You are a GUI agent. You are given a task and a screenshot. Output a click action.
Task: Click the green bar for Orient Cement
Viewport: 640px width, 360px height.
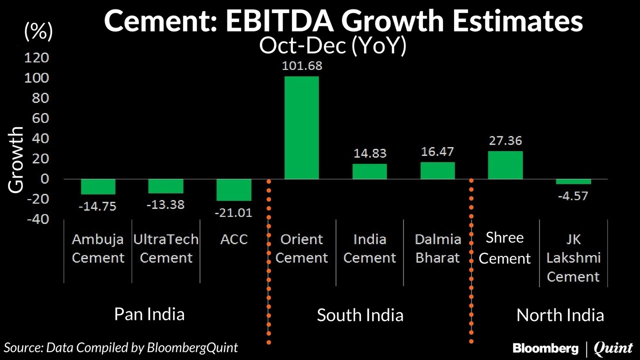[x=301, y=127]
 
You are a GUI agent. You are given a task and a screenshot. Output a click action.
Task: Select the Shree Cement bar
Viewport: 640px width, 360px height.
[x=505, y=165]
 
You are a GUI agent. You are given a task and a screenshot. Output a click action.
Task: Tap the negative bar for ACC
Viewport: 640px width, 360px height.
[x=233, y=190]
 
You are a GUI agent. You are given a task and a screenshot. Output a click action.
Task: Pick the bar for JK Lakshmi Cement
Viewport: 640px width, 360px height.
[x=573, y=181]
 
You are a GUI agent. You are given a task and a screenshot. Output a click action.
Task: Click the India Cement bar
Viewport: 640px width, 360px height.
[x=369, y=171]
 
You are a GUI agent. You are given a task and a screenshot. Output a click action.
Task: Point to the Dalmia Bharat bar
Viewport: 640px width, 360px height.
[x=437, y=170]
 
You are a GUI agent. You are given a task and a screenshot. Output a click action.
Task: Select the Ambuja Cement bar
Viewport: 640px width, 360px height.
[x=98, y=186]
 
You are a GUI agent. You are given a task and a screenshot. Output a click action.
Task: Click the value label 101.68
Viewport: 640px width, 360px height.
[x=302, y=65]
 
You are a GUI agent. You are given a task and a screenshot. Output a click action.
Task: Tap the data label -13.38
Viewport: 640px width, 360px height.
[x=166, y=204]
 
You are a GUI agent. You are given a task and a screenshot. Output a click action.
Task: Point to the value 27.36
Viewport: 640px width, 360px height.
[x=505, y=140]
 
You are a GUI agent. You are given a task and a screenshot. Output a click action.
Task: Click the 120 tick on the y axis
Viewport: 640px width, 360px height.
[x=37, y=58]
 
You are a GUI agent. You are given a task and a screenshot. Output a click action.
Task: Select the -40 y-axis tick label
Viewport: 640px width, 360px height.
[x=37, y=219]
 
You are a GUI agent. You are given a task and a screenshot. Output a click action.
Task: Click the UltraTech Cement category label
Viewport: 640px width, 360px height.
[x=166, y=248]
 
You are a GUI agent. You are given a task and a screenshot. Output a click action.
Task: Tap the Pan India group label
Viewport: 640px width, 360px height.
[x=149, y=314]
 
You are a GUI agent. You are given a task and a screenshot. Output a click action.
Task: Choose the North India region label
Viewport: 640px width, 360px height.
[x=560, y=315]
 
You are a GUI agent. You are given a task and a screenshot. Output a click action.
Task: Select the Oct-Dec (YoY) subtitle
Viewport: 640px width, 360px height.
[x=332, y=46]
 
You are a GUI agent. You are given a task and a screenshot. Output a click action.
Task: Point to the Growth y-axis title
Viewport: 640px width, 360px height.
[x=16, y=159]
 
